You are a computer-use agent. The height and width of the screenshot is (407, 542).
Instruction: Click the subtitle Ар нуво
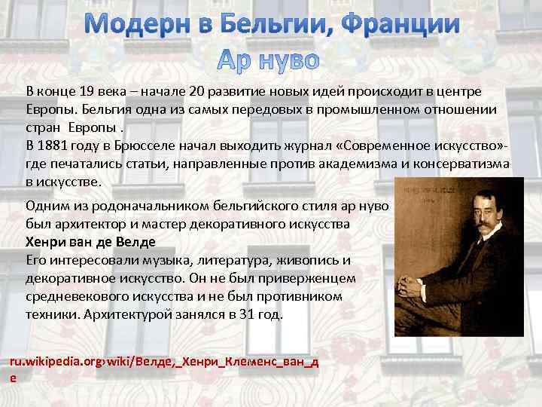pos(269,58)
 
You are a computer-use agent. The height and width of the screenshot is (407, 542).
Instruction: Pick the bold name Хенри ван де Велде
pos(90,242)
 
